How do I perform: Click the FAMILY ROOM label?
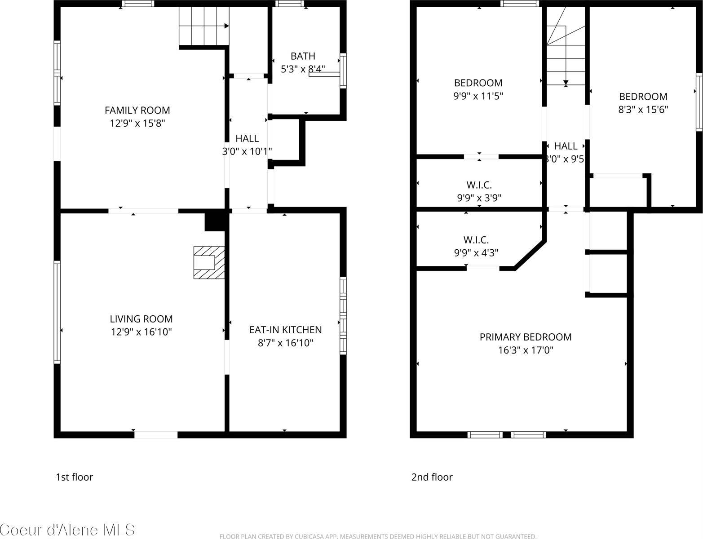point(137,110)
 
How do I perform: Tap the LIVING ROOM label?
point(141,319)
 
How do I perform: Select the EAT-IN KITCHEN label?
point(285,330)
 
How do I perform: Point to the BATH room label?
point(303,56)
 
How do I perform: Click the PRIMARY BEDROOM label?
point(526,337)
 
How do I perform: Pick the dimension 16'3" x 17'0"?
point(526,350)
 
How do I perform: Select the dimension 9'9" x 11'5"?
point(478,96)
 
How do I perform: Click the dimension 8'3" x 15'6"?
point(643,109)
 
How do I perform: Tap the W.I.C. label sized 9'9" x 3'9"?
point(479,185)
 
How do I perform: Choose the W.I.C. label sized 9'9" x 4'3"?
point(476,240)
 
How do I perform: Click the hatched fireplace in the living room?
point(209,262)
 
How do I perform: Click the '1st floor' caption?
point(74,477)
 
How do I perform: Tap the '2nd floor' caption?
point(432,477)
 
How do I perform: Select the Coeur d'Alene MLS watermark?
point(67,530)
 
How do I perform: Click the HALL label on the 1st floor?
point(247,138)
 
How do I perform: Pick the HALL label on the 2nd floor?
point(566,146)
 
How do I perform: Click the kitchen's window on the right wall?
point(343,316)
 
